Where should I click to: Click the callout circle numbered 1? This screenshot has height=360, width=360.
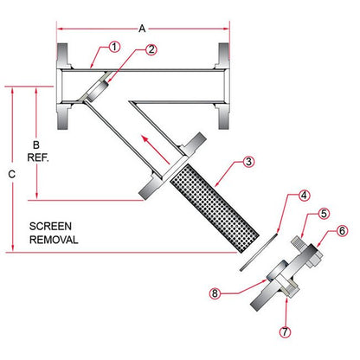[114, 47]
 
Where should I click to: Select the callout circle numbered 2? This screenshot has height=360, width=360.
[151, 49]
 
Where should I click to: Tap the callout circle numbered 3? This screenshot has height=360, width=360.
[248, 162]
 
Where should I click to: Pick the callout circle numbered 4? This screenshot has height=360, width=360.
[304, 196]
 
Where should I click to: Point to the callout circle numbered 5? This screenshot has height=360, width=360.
[324, 214]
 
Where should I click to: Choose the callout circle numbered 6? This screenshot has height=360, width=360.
[342, 231]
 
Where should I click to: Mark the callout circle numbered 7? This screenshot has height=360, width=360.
[285, 331]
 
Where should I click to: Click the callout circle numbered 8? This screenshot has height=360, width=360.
[215, 293]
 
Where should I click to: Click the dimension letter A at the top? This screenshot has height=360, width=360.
[142, 29]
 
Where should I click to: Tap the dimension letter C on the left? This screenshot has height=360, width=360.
[11, 174]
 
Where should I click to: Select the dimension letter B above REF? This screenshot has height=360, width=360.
[36, 145]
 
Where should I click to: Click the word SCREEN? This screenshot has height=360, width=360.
[50, 226]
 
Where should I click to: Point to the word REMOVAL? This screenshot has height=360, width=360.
[54, 240]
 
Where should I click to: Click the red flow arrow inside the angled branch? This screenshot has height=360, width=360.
[156, 149]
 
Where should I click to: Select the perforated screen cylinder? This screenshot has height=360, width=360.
[215, 209]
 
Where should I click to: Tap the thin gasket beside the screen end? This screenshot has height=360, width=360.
[259, 252]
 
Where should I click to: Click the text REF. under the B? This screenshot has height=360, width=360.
[38, 157]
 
